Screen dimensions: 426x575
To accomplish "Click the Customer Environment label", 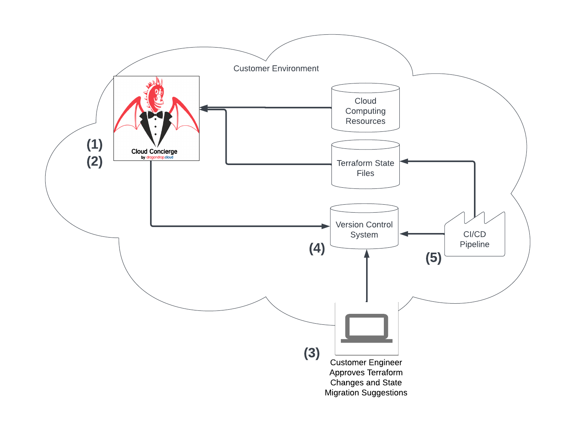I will click(x=276, y=68).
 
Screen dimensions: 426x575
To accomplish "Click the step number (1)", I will click(x=95, y=144).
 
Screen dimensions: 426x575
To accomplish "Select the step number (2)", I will click(x=95, y=161).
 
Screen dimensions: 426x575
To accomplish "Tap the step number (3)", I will click(x=312, y=353).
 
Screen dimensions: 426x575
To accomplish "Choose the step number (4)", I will click(x=317, y=248).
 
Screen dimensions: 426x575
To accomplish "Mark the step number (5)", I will click(x=434, y=258).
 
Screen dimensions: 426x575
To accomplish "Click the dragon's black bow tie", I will click(x=155, y=114).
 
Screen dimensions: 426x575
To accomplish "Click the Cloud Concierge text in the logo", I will click(x=154, y=151).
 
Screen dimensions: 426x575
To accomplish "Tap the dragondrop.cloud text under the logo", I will click(x=160, y=157).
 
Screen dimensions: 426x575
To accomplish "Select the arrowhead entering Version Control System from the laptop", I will click(x=366, y=253).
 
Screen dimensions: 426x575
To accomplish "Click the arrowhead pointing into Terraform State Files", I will click(x=404, y=161).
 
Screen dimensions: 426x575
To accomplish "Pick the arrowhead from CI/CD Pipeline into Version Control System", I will click(x=404, y=234).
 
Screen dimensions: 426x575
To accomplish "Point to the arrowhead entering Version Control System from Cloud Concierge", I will click(x=325, y=226).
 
